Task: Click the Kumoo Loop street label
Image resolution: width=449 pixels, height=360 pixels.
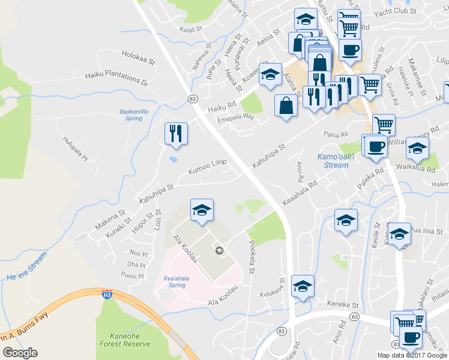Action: pyautogui.click(x=207, y=167)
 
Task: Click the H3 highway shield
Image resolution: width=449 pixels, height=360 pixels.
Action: pyautogui.click(x=107, y=295)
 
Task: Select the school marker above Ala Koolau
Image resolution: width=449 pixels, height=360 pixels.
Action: pyautogui.click(x=202, y=210)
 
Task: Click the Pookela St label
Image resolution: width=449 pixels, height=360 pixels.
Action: pyautogui.click(x=250, y=258)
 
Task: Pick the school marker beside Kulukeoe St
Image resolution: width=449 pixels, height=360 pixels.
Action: pyautogui.click(x=303, y=286)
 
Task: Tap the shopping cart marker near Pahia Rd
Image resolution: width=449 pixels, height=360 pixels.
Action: pyautogui.click(x=383, y=125)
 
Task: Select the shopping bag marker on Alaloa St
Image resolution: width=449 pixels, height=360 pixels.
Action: pyautogui.click(x=286, y=106)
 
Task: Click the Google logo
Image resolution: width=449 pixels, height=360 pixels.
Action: pyautogui.click(x=20, y=353)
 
